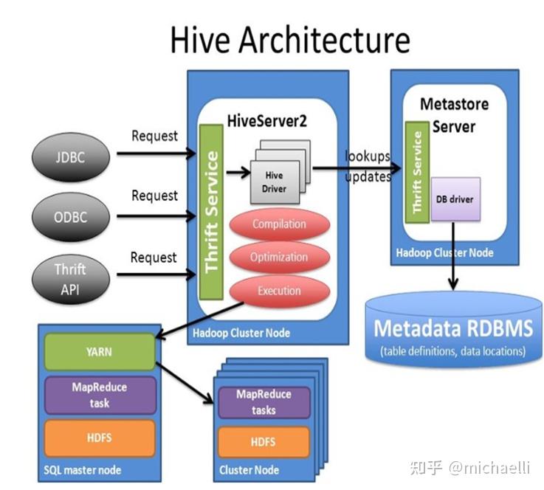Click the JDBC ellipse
click(71, 157)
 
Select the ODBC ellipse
click(71, 217)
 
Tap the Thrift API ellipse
click(71, 279)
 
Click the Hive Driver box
click(275, 182)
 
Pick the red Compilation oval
click(279, 224)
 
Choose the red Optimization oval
click(279, 257)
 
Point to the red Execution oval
click(279, 291)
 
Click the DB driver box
click(455, 199)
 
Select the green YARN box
click(100, 352)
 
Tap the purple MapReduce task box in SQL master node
click(100, 396)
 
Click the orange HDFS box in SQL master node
click(100, 438)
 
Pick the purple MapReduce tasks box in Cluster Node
click(264, 402)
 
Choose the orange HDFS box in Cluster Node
click(264, 442)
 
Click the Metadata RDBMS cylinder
click(454, 329)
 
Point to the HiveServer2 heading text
click(266, 121)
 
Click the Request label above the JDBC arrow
click(154, 136)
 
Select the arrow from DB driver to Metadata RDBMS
click(453, 256)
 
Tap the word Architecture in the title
click(324, 40)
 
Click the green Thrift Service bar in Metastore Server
click(417, 173)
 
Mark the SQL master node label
click(83, 470)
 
